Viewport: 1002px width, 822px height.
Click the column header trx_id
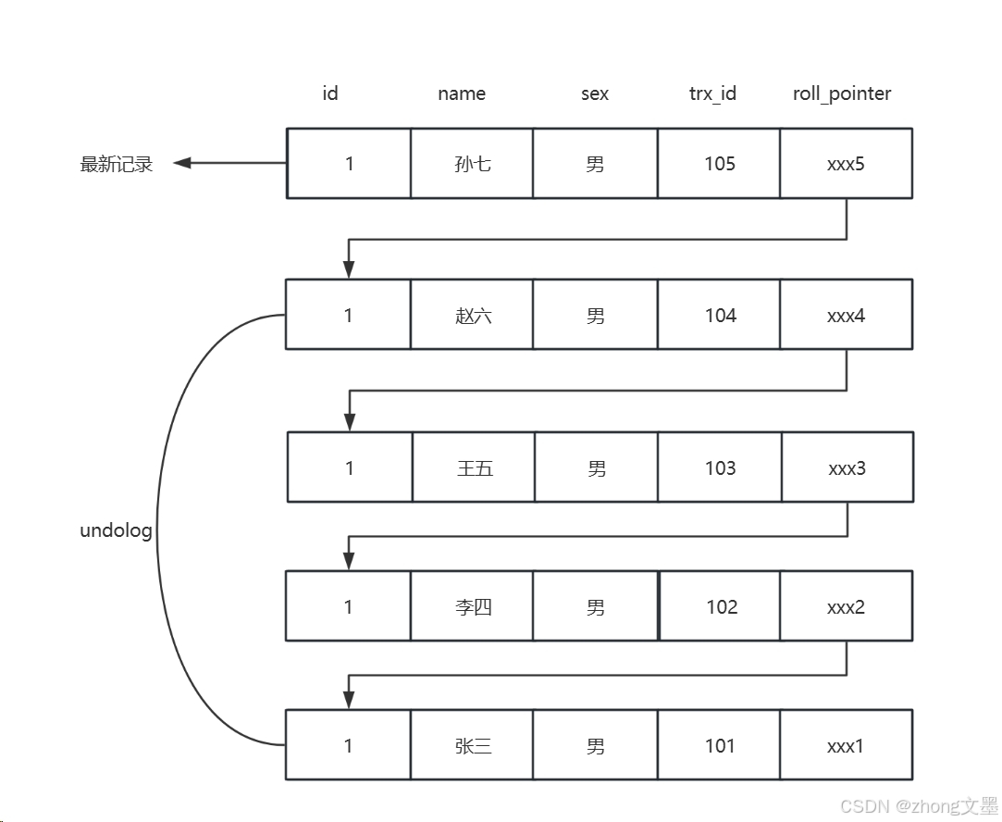click(x=712, y=93)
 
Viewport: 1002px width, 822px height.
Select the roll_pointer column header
click(x=842, y=93)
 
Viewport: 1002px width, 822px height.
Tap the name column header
click(x=462, y=93)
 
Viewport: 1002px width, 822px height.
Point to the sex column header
click(x=595, y=93)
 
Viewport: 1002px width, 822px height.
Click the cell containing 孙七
click(x=472, y=164)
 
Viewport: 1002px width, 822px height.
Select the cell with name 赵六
click(x=472, y=316)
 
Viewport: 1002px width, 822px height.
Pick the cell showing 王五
click(x=474, y=468)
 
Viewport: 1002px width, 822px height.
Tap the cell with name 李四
click(x=472, y=607)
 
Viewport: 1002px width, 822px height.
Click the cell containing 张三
click(x=472, y=746)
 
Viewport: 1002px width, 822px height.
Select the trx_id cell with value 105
click(x=719, y=164)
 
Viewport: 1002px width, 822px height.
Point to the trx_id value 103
click(x=720, y=468)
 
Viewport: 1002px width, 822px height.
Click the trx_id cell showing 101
click(x=719, y=746)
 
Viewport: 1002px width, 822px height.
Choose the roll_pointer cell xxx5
click(x=846, y=164)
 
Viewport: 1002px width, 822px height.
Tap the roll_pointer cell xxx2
click(x=846, y=607)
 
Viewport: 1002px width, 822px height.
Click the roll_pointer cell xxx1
click(x=846, y=746)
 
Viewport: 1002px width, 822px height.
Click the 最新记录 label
click(x=117, y=165)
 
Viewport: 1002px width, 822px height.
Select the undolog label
click(x=116, y=531)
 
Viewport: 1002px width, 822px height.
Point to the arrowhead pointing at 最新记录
click(x=182, y=163)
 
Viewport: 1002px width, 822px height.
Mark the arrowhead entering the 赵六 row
click(x=349, y=269)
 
